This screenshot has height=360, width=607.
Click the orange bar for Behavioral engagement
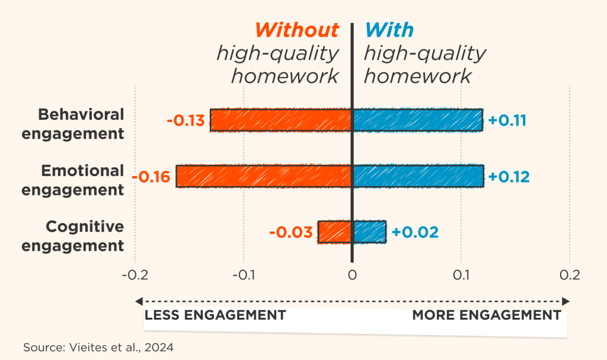tap(281, 120)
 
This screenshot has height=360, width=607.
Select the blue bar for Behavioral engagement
tap(417, 120)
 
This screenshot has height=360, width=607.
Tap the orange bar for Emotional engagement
tap(264, 176)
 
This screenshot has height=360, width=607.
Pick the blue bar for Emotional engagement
tap(418, 176)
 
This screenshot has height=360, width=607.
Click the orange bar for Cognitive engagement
tap(335, 232)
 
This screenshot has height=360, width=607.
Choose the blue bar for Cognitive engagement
tap(369, 232)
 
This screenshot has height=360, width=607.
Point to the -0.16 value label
tap(151, 177)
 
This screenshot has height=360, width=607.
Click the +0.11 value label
tap(507, 120)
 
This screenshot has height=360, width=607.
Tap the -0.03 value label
tap(290, 232)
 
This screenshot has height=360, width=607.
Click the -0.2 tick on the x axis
tap(135, 276)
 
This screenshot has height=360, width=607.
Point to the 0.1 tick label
tap(461, 276)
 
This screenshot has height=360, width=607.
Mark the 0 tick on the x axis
tap(352, 276)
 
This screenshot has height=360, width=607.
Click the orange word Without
tap(297, 30)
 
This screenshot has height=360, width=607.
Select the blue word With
tap(389, 30)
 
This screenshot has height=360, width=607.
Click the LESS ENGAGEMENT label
tap(215, 314)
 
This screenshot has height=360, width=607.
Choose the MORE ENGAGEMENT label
tap(486, 314)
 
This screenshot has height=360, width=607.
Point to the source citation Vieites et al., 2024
tap(98, 348)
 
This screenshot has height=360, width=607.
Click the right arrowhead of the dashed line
tap(566, 301)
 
